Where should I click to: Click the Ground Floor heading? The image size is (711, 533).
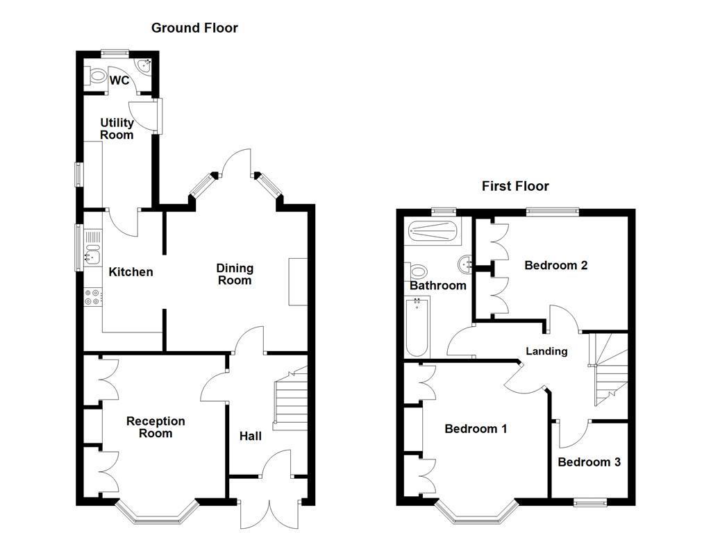(194, 28)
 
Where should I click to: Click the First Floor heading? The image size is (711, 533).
(515, 186)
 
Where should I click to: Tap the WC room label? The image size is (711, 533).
(119, 81)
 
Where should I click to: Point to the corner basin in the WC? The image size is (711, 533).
(145, 66)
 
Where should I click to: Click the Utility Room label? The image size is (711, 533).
(117, 129)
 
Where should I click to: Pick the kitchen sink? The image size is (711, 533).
(92, 248)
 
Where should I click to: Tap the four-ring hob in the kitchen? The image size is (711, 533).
(92, 296)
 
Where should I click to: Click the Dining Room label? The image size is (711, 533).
(234, 274)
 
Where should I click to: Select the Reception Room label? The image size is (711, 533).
(156, 427)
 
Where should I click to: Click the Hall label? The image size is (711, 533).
(251, 436)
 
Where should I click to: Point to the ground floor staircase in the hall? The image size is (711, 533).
(290, 401)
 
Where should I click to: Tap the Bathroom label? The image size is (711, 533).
(437, 285)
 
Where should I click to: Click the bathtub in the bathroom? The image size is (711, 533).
(417, 326)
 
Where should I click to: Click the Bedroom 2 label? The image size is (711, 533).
(556, 265)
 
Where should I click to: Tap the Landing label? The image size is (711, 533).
(546, 351)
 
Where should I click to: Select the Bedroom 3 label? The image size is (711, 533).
(589, 462)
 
